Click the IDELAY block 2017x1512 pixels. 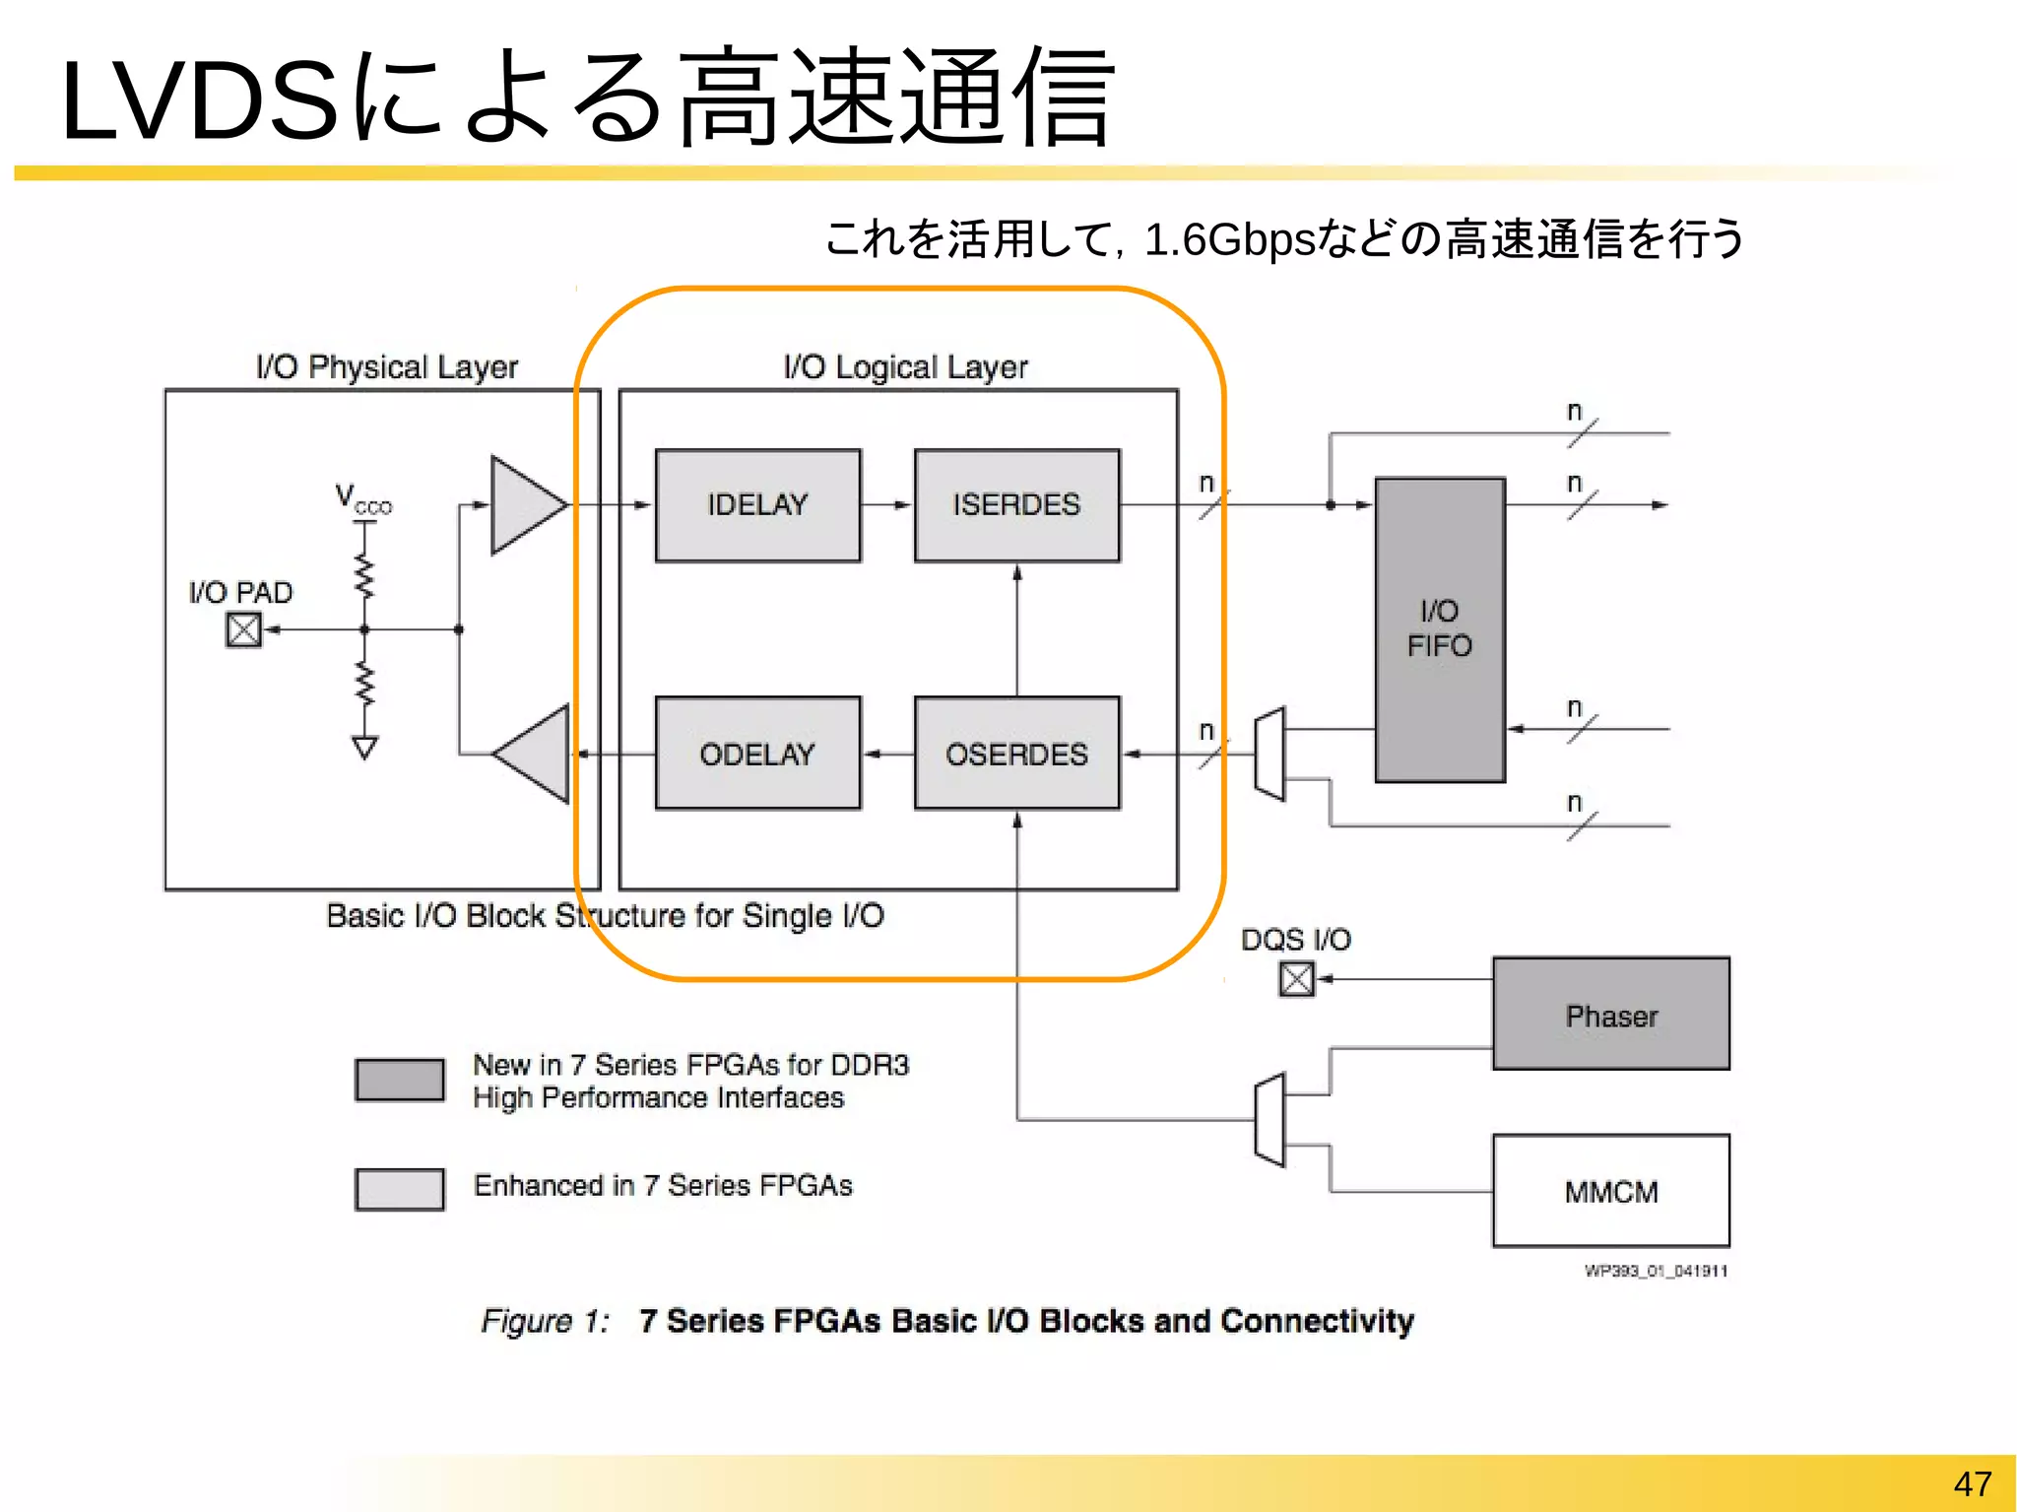coord(757,505)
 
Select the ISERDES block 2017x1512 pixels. coord(1016,505)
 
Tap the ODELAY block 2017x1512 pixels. coord(757,754)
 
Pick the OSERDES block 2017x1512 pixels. coord(1016,754)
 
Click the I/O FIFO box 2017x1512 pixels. coord(1439,629)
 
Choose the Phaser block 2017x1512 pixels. coord(1610,1014)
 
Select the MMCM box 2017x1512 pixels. coord(1610,1191)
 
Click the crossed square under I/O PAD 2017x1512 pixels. coord(243,629)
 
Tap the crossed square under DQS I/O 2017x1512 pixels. coord(1296,979)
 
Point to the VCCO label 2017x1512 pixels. coord(361,498)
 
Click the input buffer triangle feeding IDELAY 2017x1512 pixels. coord(524,505)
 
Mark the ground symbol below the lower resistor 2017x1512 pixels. coord(364,748)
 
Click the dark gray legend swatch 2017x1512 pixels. coord(399,1080)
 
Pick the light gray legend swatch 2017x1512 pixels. coord(399,1189)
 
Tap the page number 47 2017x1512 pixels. coord(1972,1483)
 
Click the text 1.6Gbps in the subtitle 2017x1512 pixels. coord(1229,239)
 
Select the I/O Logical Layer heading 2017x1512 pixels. coord(905,366)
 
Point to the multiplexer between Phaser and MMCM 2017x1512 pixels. coord(1269,1120)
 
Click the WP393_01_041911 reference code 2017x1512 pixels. coord(1656,1271)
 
